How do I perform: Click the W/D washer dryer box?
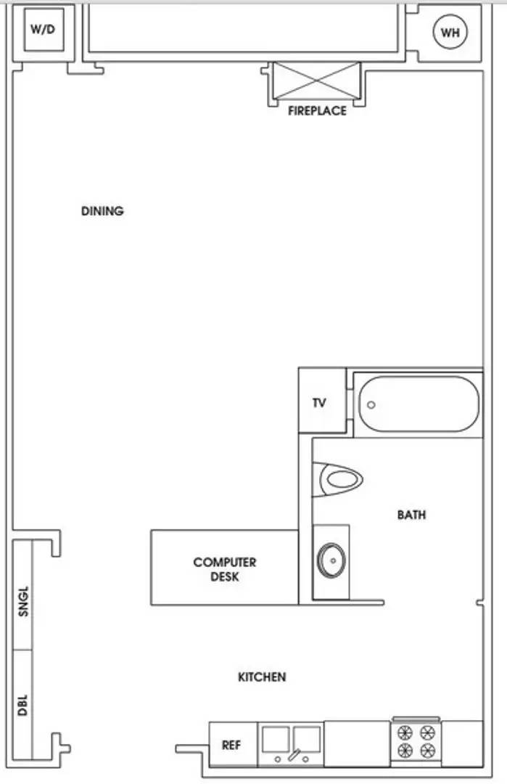[44, 30]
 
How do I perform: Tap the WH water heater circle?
[450, 32]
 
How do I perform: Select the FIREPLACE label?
[317, 111]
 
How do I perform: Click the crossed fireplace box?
[316, 80]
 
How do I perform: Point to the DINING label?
[102, 211]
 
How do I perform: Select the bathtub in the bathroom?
[418, 404]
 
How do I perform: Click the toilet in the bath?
[338, 479]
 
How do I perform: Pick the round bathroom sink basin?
[331, 560]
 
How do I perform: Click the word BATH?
[411, 515]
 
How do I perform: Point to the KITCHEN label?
[262, 677]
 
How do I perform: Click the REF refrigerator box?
[232, 744]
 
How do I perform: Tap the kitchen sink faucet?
[292, 756]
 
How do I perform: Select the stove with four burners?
[416, 741]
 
